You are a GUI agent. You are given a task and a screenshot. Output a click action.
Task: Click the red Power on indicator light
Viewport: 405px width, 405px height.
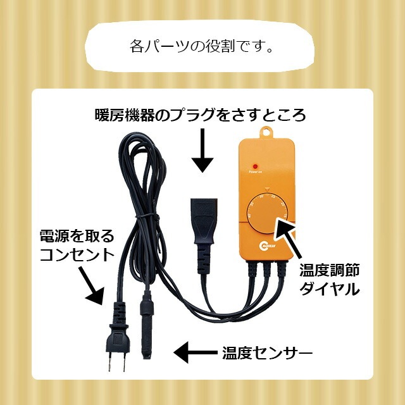256,166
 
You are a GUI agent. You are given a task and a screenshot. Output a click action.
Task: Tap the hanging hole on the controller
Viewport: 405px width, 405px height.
266,132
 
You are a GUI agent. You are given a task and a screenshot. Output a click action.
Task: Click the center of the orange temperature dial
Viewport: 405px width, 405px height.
266,214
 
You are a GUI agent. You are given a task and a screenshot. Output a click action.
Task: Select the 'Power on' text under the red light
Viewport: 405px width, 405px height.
255,171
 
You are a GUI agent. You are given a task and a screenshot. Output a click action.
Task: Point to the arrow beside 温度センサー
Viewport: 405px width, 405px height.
196,352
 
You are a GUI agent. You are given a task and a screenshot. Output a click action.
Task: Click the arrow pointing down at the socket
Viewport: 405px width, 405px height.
202,151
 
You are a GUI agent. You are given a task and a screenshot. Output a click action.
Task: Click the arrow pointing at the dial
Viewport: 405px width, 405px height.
287,238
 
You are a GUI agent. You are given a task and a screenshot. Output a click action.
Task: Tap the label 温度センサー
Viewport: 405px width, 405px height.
267,353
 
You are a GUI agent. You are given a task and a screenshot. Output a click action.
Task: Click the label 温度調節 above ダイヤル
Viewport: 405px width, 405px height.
330,271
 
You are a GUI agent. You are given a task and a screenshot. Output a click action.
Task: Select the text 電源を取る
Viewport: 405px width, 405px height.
77,236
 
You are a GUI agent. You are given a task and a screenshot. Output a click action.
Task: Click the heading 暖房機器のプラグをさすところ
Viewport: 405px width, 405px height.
200,115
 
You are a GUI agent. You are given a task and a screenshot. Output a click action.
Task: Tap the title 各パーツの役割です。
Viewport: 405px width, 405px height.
201,46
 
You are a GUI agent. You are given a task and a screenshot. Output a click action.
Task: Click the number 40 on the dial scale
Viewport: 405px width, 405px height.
249,215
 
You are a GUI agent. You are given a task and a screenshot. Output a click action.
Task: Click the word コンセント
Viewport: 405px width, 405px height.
77,255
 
